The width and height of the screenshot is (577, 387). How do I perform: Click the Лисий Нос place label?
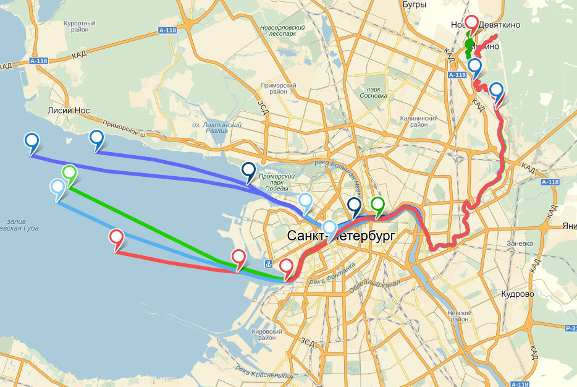pyautogui.click(x=69, y=111)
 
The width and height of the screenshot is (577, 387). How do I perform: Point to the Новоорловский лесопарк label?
pyautogui.click(x=282, y=32)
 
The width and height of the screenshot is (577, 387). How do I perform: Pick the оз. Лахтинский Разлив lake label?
pyautogui.click(x=218, y=128)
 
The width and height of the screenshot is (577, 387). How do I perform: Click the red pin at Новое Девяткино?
pyautogui.click(x=471, y=23)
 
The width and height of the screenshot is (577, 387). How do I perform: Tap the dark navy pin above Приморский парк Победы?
pyautogui.click(x=248, y=170)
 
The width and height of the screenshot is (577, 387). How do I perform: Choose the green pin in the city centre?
pyautogui.click(x=377, y=205)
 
